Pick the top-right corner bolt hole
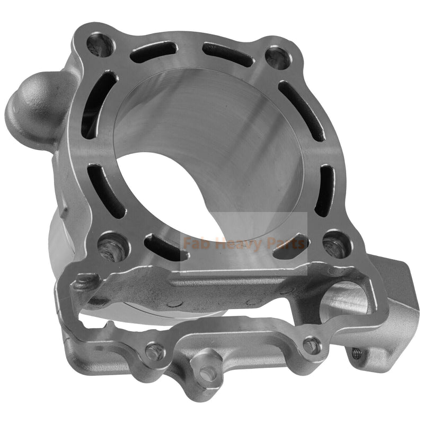point(277,57)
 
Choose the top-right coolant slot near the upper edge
point(227,54)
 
